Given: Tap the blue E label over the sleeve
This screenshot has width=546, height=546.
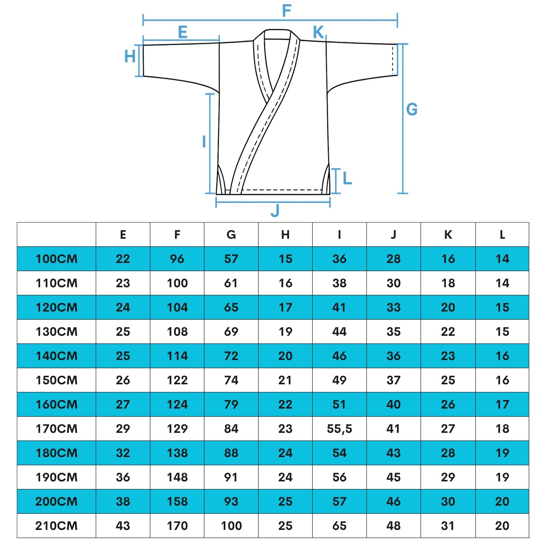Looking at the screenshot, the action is tap(183, 32).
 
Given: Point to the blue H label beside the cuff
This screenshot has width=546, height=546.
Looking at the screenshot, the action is tap(130, 56).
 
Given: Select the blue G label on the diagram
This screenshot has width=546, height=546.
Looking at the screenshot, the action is tap(412, 110).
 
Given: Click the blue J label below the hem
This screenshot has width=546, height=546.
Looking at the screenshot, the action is tap(275, 211).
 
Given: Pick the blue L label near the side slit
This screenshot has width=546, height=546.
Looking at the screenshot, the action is tap(347, 178).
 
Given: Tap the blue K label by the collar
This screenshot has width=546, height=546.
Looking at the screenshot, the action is tap(318, 32).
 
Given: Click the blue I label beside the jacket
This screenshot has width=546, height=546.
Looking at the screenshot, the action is tap(204, 142).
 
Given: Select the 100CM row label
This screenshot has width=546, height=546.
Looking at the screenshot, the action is tap(57, 259).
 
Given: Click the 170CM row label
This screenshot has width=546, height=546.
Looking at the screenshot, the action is tap(57, 429).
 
